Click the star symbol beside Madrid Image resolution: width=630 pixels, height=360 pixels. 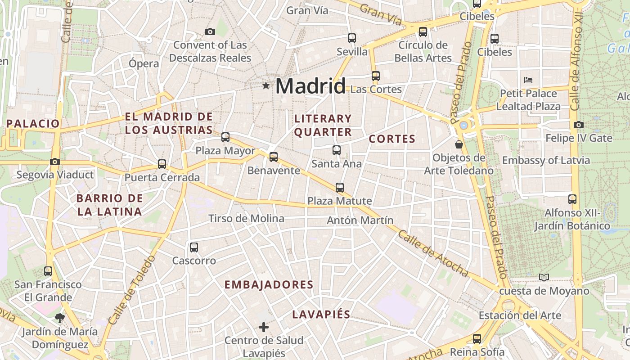click(266, 85)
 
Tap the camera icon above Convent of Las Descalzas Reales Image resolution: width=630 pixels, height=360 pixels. click(210, 31)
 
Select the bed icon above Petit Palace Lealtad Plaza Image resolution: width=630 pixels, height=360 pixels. click(528, 80)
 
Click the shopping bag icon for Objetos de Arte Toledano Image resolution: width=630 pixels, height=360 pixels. click(459, 144)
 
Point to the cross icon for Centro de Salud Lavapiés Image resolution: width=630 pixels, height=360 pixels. click(264, 327)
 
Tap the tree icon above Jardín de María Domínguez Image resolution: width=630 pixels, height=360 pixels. click(59, 318)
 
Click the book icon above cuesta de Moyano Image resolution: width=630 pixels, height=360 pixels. click(544, 277)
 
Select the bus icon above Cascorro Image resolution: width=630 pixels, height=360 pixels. click(194, 247)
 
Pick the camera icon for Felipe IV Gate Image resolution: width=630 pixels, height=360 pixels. click(579, 125)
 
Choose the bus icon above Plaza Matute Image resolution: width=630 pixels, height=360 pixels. click(340, 187)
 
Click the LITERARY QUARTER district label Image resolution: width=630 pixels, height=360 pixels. click(323, 125)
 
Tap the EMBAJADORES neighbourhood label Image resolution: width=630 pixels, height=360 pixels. click(269, 285)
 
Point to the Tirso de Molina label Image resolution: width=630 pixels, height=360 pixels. click(246, 219)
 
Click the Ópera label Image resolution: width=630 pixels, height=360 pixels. click(144, 63)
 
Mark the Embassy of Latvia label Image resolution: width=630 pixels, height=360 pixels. click(546, 160)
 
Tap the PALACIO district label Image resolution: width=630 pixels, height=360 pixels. click(33, 123)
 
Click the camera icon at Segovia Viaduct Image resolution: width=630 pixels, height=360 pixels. click(55, 162)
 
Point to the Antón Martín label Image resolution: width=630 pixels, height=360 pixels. click(360, 220)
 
